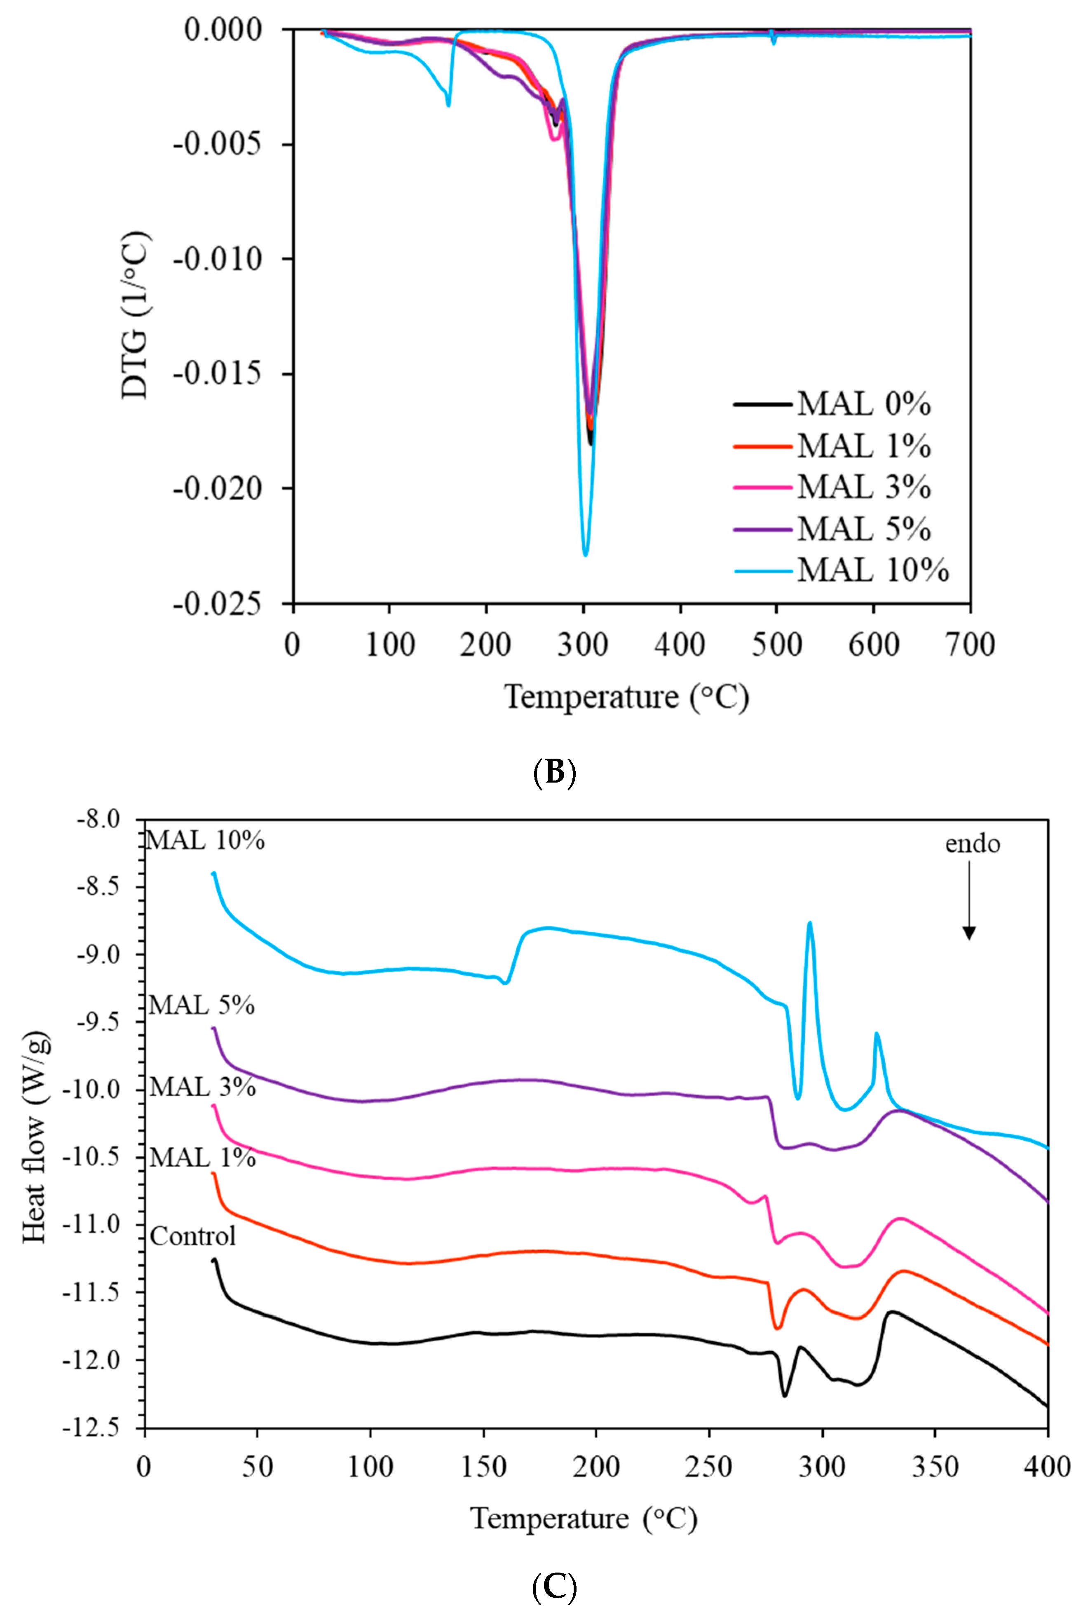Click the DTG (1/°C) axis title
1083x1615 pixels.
tap(135, 316)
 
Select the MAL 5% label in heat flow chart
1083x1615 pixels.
tap(202, 1006)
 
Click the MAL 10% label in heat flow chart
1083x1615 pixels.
tap(205, 840)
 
